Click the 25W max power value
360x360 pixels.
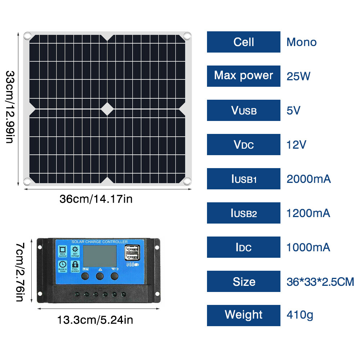pos(298,76)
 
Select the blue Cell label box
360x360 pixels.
pos(243,42)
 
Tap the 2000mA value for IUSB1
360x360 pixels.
pos(308,179)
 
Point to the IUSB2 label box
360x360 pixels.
pos(243,213)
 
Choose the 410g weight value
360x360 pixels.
pos(300,315)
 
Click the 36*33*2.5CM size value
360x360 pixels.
pos(320,282)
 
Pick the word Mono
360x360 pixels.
pos(301,42)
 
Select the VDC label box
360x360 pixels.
pos(243,145)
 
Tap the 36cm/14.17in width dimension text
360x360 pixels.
pos(96,199)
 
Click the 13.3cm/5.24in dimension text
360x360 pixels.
pos(95,319)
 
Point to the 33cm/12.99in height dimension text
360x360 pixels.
pos(10,107)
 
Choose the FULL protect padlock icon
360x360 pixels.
pos(75,265)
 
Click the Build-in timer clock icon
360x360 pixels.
pos(63,265)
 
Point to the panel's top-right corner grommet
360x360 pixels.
pos(187,36)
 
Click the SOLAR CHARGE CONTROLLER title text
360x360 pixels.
pos(100,242)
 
